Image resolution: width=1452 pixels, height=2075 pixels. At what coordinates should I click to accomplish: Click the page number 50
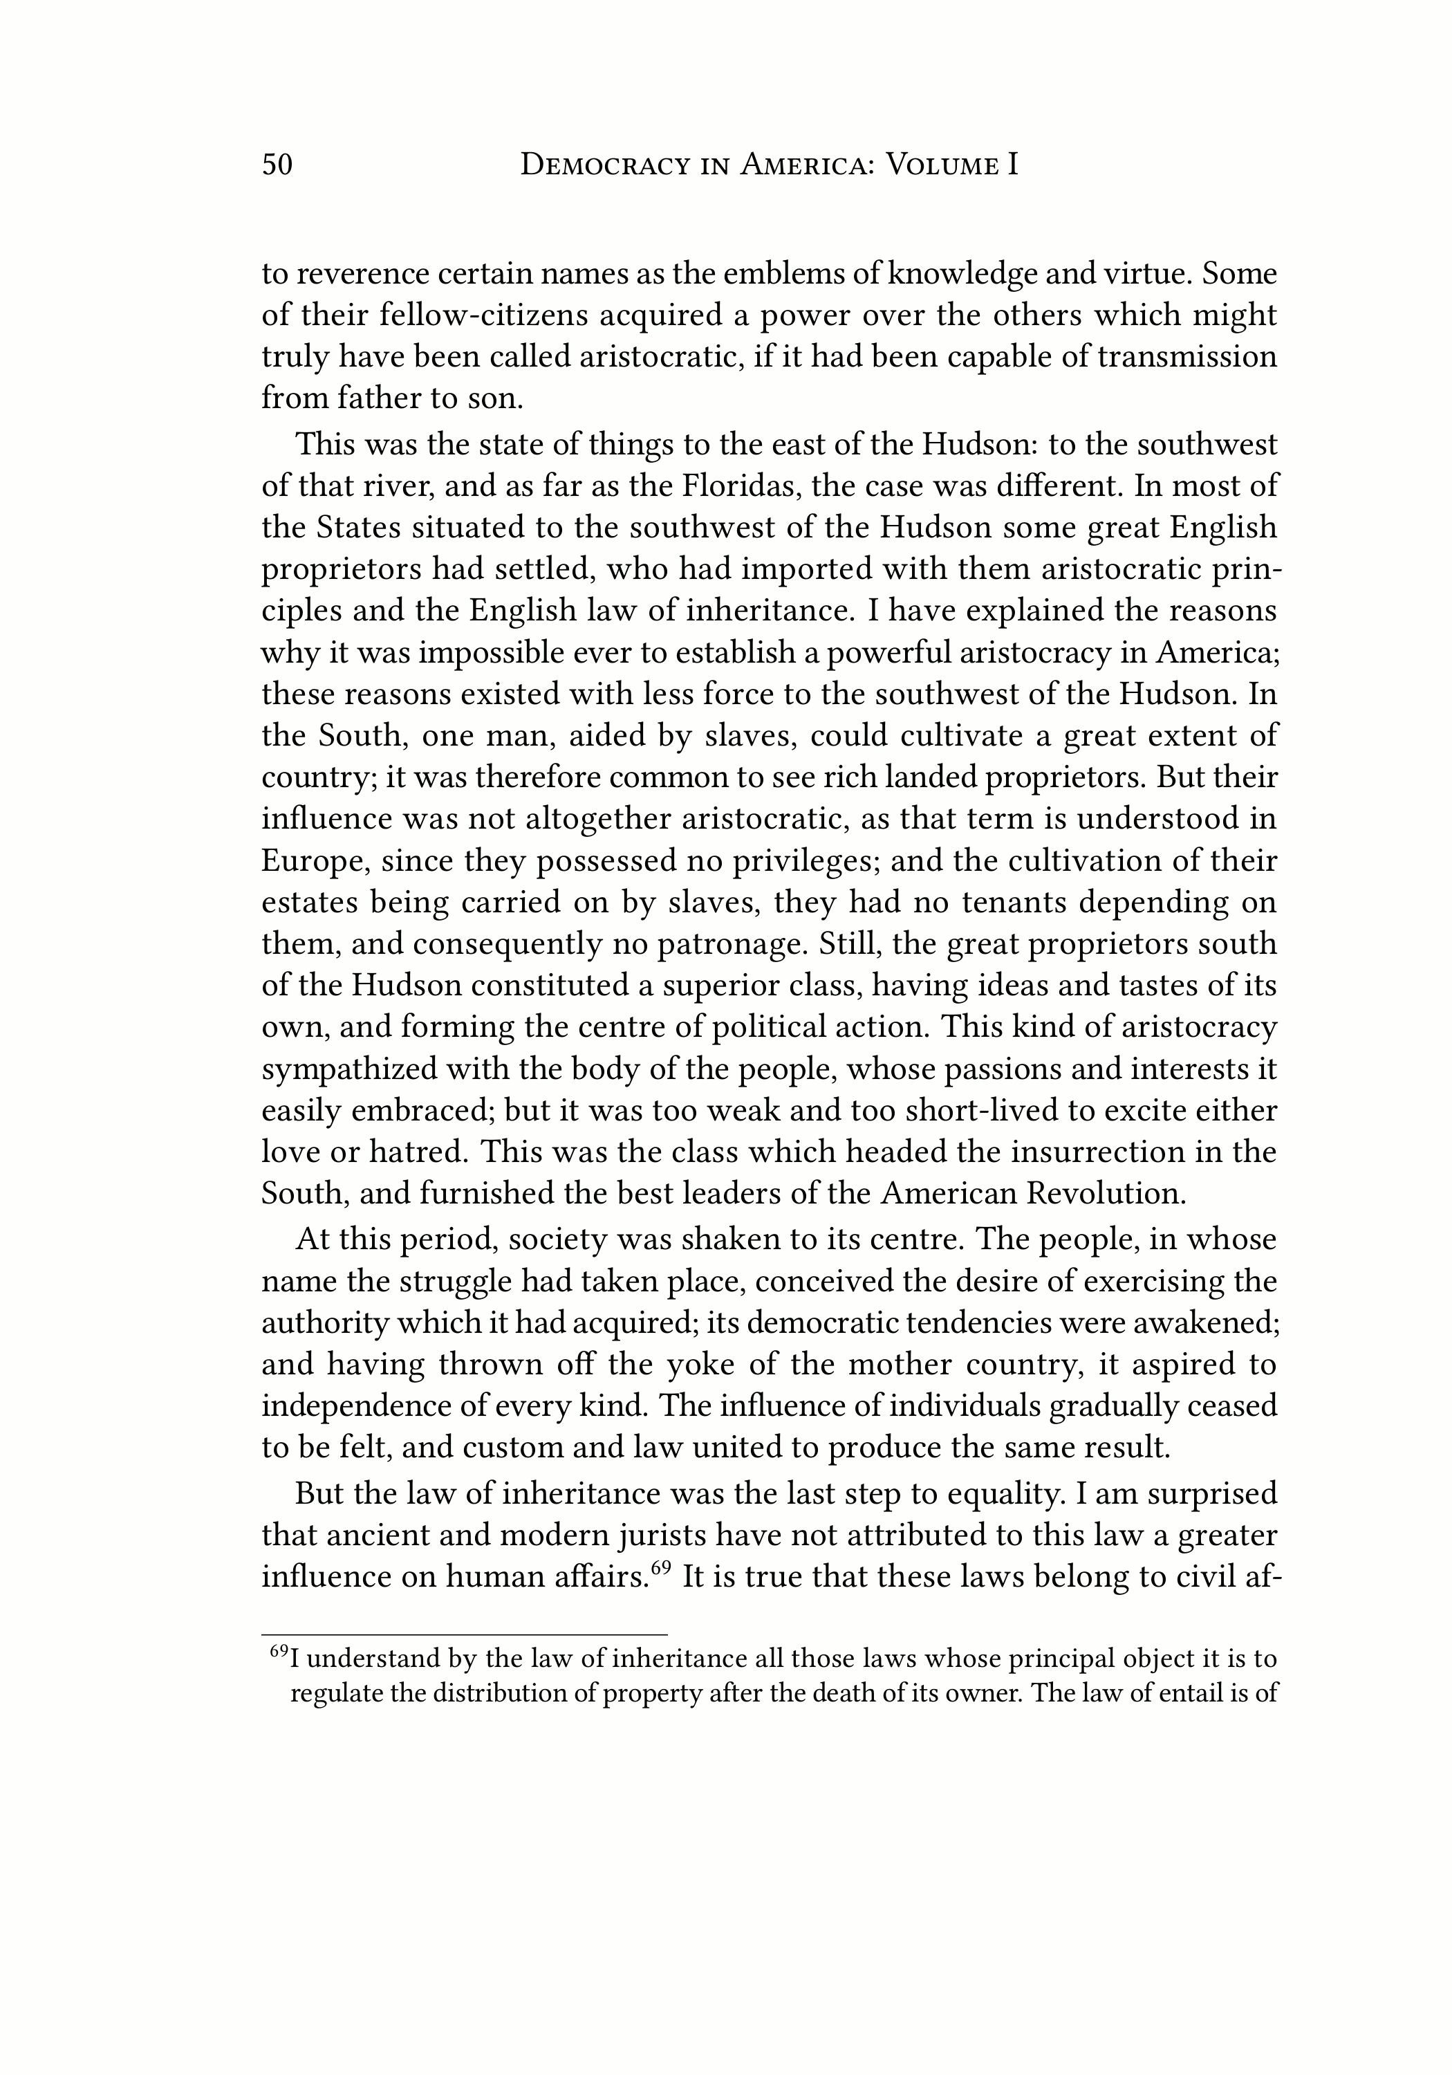coord(277,165)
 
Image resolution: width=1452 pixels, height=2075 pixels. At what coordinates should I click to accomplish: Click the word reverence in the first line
coord(360,274)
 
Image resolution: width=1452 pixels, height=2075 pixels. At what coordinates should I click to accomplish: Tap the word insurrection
coord(1105,1152)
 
